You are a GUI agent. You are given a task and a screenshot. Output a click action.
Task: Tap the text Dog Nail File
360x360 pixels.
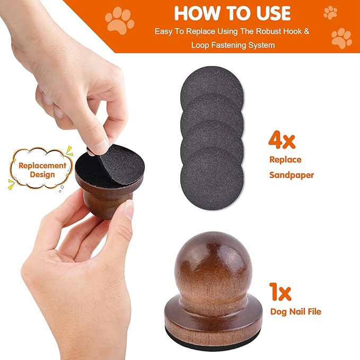[295, 312]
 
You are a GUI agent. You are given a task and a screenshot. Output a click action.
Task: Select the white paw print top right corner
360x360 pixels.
[330, 12]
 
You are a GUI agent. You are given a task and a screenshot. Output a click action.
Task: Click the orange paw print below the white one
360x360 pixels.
[341, 39]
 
